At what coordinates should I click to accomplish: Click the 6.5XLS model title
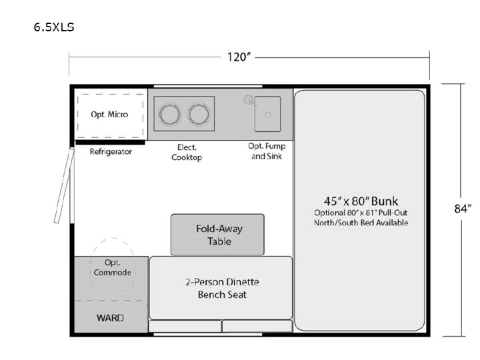coord(54,27)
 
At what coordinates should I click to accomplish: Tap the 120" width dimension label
coord(239,57)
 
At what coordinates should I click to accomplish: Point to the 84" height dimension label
coord(463,209)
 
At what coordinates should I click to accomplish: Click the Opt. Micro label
coord(109,115)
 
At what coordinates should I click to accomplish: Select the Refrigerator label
coord(111,151)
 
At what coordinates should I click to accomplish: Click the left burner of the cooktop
coord(169,114)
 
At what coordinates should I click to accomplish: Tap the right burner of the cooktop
coord(199,114)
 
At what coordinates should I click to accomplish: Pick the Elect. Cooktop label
coord(187,152)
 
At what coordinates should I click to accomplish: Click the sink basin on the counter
coord(267,114)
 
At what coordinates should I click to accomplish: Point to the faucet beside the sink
coord(249,100)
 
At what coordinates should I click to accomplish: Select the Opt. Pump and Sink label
coord(267,151)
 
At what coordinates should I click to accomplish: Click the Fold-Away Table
coord(217,235)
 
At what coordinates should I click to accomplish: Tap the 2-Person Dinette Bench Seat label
coord(222,288)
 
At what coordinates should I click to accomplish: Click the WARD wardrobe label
coord(110,318)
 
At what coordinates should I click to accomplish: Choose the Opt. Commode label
coord(113,267)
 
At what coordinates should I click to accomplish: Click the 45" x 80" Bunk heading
coord(361,201)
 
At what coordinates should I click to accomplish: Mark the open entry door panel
coord(64,185)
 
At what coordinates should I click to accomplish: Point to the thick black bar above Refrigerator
coord(110,143)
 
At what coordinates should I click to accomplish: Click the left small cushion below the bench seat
coord(185,326)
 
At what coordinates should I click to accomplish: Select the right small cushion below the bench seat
coord(257,326)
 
